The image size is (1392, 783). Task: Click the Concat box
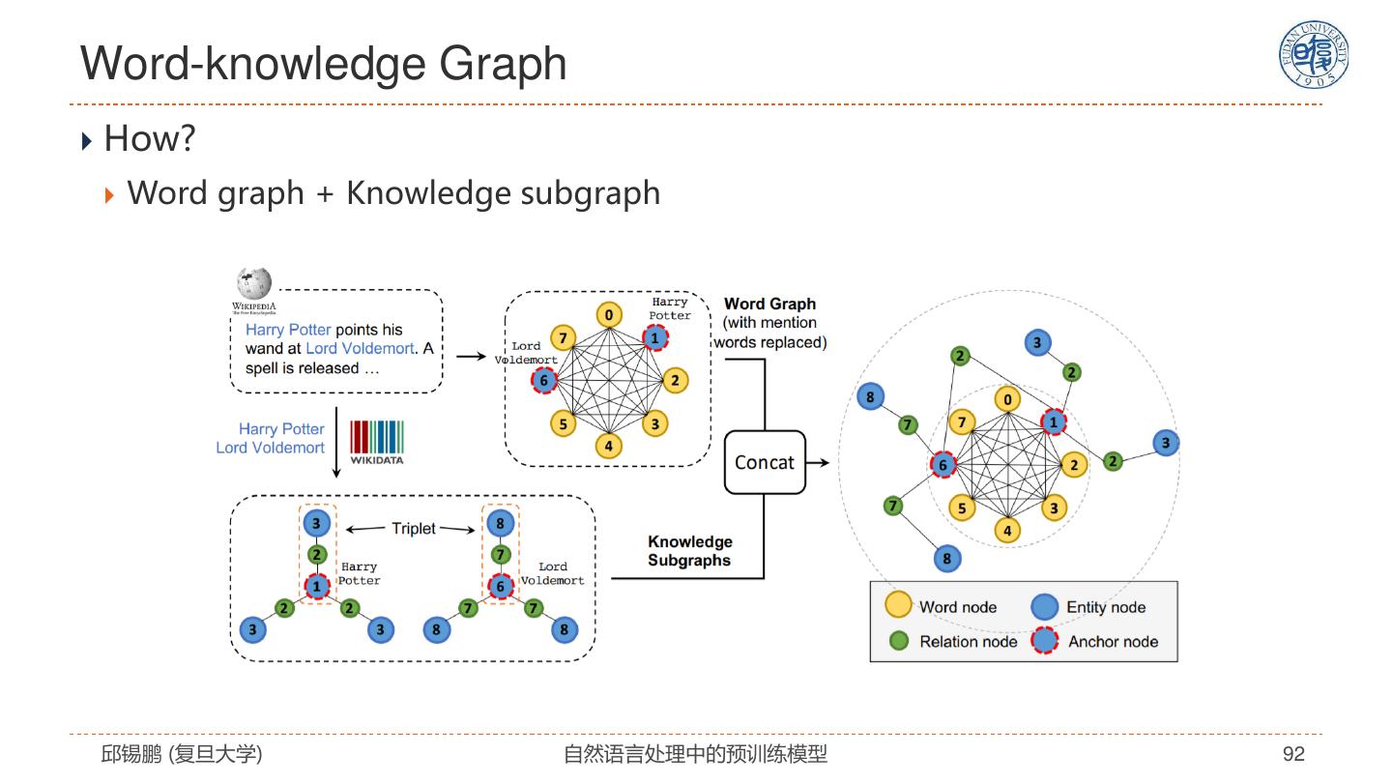pos(765,462)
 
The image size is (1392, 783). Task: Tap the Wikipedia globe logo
pos(254,284)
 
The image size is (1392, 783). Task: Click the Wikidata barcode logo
pos(376,438)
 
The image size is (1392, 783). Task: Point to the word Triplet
pos(414,529)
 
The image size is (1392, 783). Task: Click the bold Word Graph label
pos(769,304)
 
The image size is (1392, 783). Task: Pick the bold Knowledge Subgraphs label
pos(689,551)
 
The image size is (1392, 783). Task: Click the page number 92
pos(1293,754)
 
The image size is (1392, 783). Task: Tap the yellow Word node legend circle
pos(899,606)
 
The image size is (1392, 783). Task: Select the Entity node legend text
pos(1106,607)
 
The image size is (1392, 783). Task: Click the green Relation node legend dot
pos(899,641)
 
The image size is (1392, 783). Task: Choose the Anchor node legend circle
pos(1045,641)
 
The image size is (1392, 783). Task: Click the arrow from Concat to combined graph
pos(818,462)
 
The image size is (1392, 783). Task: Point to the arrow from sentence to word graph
pos(470,356)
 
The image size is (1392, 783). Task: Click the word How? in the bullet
pos(150,138)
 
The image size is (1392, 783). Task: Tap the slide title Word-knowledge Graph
pos(324,64)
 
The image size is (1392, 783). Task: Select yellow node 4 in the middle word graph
pos(608,446)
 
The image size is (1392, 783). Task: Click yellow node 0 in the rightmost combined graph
pos(1007,399)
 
